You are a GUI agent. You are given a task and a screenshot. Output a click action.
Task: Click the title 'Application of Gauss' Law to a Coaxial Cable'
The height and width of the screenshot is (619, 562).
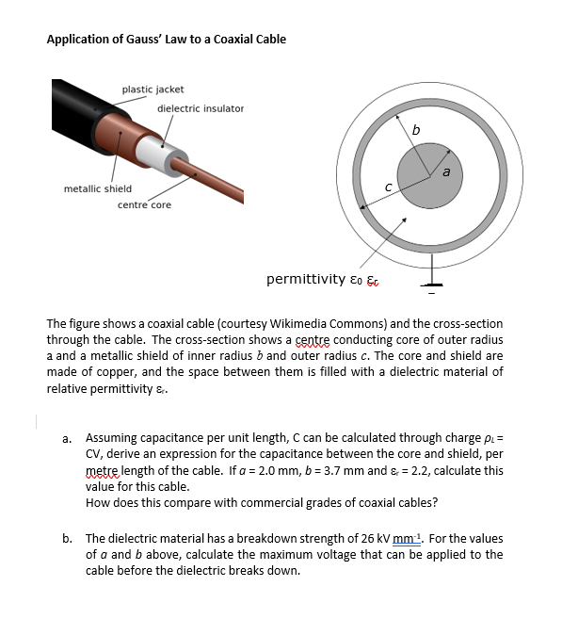pyautogui.click(x=167, y=39)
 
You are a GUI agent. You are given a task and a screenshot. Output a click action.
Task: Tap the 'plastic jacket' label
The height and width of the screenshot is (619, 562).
pyautogui.click(x=153, y=90)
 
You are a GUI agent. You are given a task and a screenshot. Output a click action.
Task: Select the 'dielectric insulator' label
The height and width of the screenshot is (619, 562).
pyautogui.click(x=200, y=108)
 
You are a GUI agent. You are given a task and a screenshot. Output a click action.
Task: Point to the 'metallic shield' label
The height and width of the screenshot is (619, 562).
pyautogui.click(x=98, y=189)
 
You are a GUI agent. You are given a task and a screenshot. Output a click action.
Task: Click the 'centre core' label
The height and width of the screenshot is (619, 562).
pyautogui.click(x=144, y=205)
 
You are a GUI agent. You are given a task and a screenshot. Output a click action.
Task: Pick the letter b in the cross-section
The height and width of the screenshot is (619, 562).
pyautogui.click(x=415, y=130)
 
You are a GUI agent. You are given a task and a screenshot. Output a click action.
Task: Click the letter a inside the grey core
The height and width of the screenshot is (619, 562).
pyautogui.click(x=446, y=171)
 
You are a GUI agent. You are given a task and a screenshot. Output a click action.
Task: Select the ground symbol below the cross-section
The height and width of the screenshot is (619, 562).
pyautogui.click(x=432, y=284)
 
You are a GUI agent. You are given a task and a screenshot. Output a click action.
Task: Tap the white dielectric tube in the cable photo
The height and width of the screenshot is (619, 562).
pyautogui.click(x=151, y=151)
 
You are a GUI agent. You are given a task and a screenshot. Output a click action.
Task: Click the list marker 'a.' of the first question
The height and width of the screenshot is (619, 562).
pyautogui.click(x=68, y=438)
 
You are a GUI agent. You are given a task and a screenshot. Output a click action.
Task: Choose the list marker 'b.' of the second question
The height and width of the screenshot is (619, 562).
pyautogui.click(x=68, y=539)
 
